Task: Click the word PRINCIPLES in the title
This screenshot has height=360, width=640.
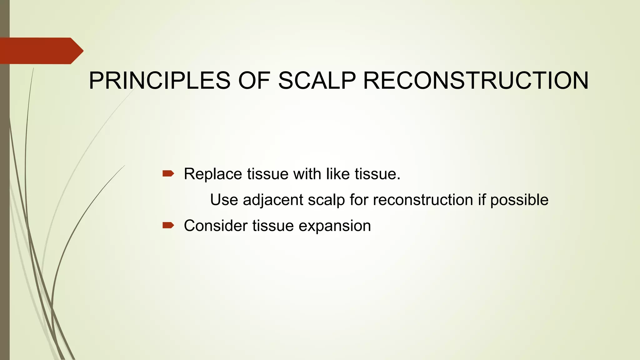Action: tap(159, 81)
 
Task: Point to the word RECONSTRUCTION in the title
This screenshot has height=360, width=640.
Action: tap(476, 81)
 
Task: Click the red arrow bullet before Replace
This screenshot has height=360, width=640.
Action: tap(168, 174)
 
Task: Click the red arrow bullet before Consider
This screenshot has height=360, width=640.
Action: tap(168, 225)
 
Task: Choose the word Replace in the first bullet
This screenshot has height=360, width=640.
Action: tap(213, 174)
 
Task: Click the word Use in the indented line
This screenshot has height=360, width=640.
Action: tap(224, 200)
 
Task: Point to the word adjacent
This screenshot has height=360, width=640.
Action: tap(273, 200)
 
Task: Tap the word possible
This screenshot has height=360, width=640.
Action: tap(519, 200)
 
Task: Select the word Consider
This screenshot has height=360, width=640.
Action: tap(215, 226)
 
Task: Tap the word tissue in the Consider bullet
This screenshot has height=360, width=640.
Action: tap(273, 226)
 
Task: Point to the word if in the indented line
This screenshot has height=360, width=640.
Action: tap(482, 200)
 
